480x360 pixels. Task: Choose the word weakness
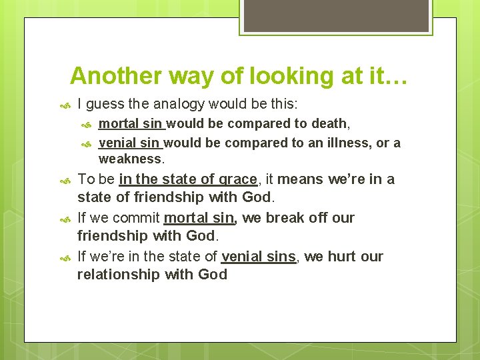pos(130,159)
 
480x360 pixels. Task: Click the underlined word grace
pos(238,179)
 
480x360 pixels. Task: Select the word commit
pos(136,218)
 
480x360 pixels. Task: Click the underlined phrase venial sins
pos(258,257)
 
